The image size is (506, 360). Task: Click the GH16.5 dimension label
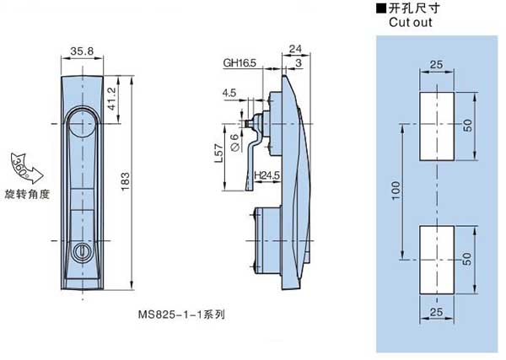point(240,62)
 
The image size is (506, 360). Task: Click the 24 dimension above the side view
point(294,49)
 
